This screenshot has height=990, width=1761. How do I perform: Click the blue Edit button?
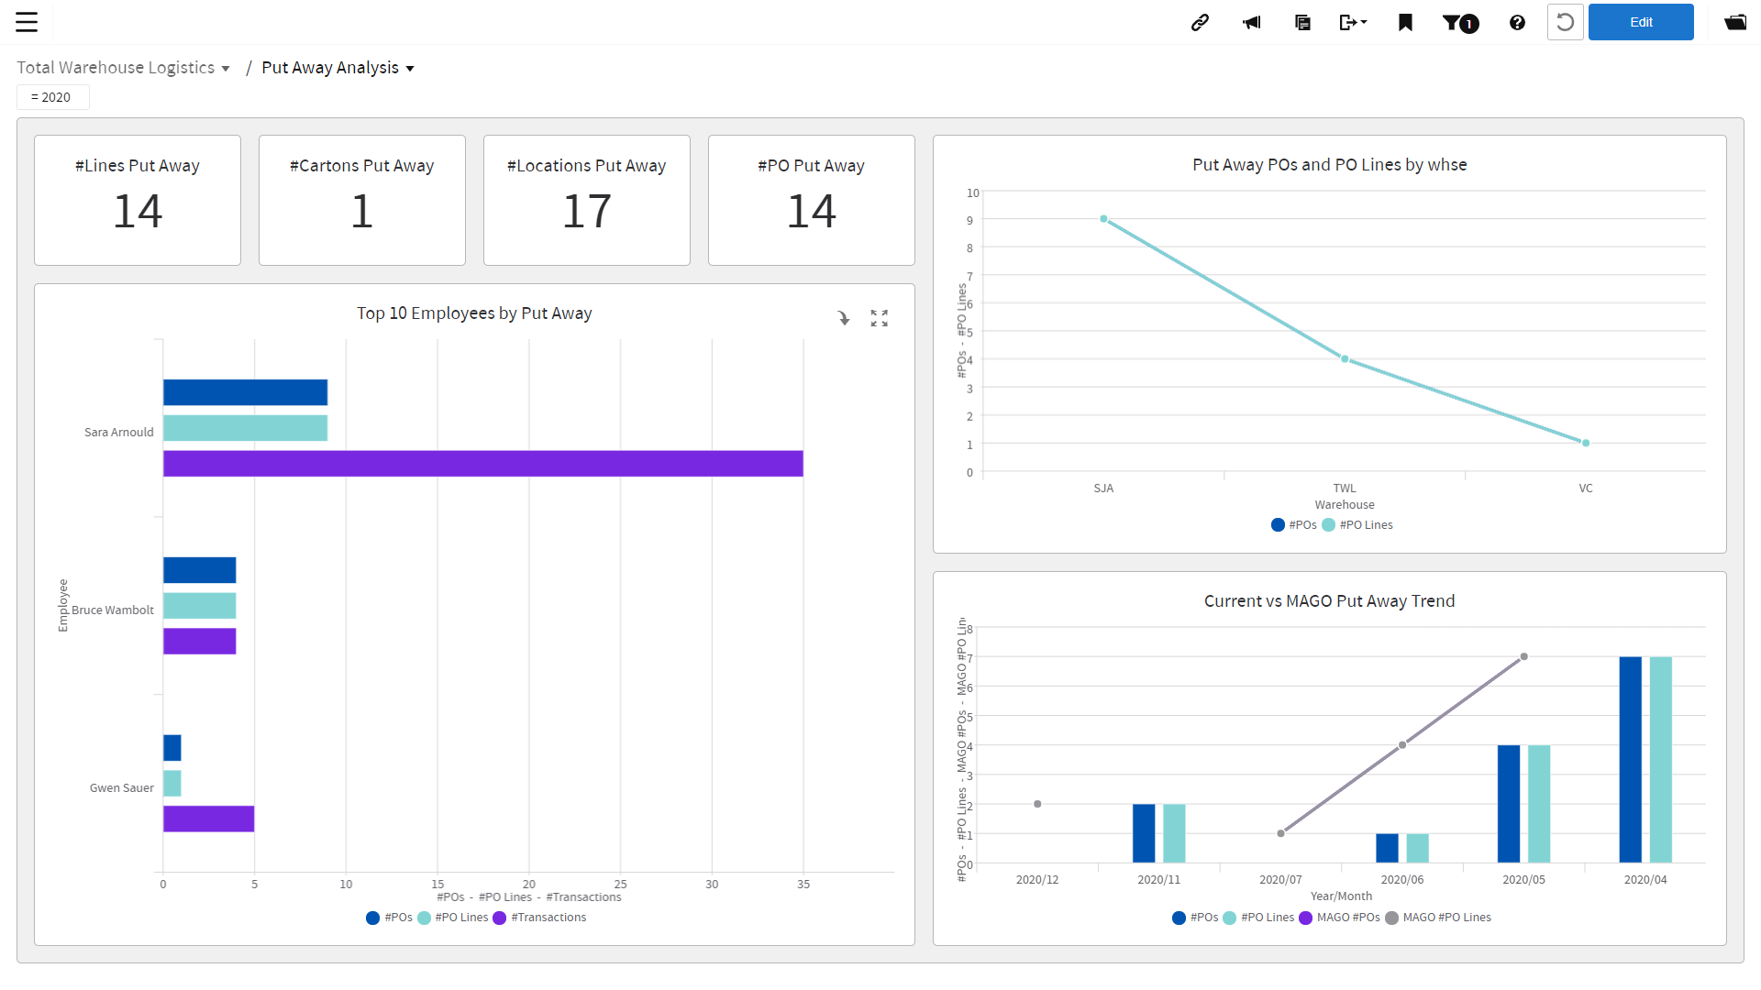[1640, 22]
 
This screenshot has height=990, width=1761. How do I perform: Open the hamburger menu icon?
[27, 22]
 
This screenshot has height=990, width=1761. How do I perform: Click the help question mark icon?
[1517, 22]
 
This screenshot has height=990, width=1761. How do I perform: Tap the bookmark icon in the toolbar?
[1405, 22]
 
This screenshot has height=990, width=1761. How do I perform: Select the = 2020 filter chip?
[52, 97]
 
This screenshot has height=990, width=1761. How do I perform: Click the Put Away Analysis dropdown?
[338, 68]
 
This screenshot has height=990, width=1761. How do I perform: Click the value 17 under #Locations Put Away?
[586, 212]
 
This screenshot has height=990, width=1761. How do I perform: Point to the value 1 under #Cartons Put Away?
[361, 212]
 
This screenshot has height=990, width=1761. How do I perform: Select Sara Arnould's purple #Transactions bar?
[482, 464]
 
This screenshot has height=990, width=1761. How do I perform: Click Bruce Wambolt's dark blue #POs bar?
[199, 570]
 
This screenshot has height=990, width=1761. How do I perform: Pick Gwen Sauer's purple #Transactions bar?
[208, 819]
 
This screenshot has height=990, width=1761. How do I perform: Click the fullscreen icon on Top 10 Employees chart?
[879, 318]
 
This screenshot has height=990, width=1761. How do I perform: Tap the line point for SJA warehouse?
[1103, 219]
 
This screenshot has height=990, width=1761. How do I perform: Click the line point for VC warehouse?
[1585, 443]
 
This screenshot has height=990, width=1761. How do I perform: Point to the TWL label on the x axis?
[1344, 489]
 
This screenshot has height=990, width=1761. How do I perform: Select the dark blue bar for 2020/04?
[1630, 759]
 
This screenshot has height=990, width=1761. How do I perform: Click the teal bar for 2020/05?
[1538, 803]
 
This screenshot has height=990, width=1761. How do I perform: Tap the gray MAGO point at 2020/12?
[1037, 804]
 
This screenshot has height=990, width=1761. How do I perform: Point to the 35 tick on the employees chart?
[803, 885]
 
